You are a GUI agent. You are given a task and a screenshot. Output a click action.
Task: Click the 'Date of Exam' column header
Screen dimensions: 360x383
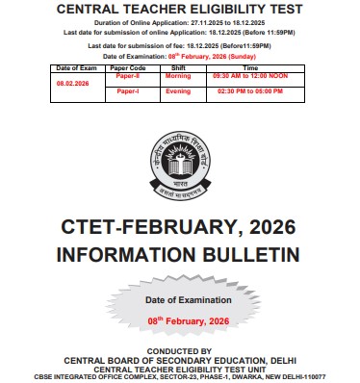click(x=76, y=68)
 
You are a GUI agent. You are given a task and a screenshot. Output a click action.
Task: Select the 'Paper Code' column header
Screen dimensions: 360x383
click(x=130, y=68)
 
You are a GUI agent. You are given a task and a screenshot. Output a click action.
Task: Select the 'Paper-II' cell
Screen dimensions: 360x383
click(x=128, y=76)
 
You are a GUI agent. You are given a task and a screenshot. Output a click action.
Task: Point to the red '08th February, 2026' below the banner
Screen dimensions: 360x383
click(x=183, y=319)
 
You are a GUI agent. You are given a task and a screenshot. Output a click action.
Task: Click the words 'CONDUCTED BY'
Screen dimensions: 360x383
click(x=180, y=351)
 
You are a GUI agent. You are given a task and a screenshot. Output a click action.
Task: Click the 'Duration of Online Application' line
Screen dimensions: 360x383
click(x=179, y=20)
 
